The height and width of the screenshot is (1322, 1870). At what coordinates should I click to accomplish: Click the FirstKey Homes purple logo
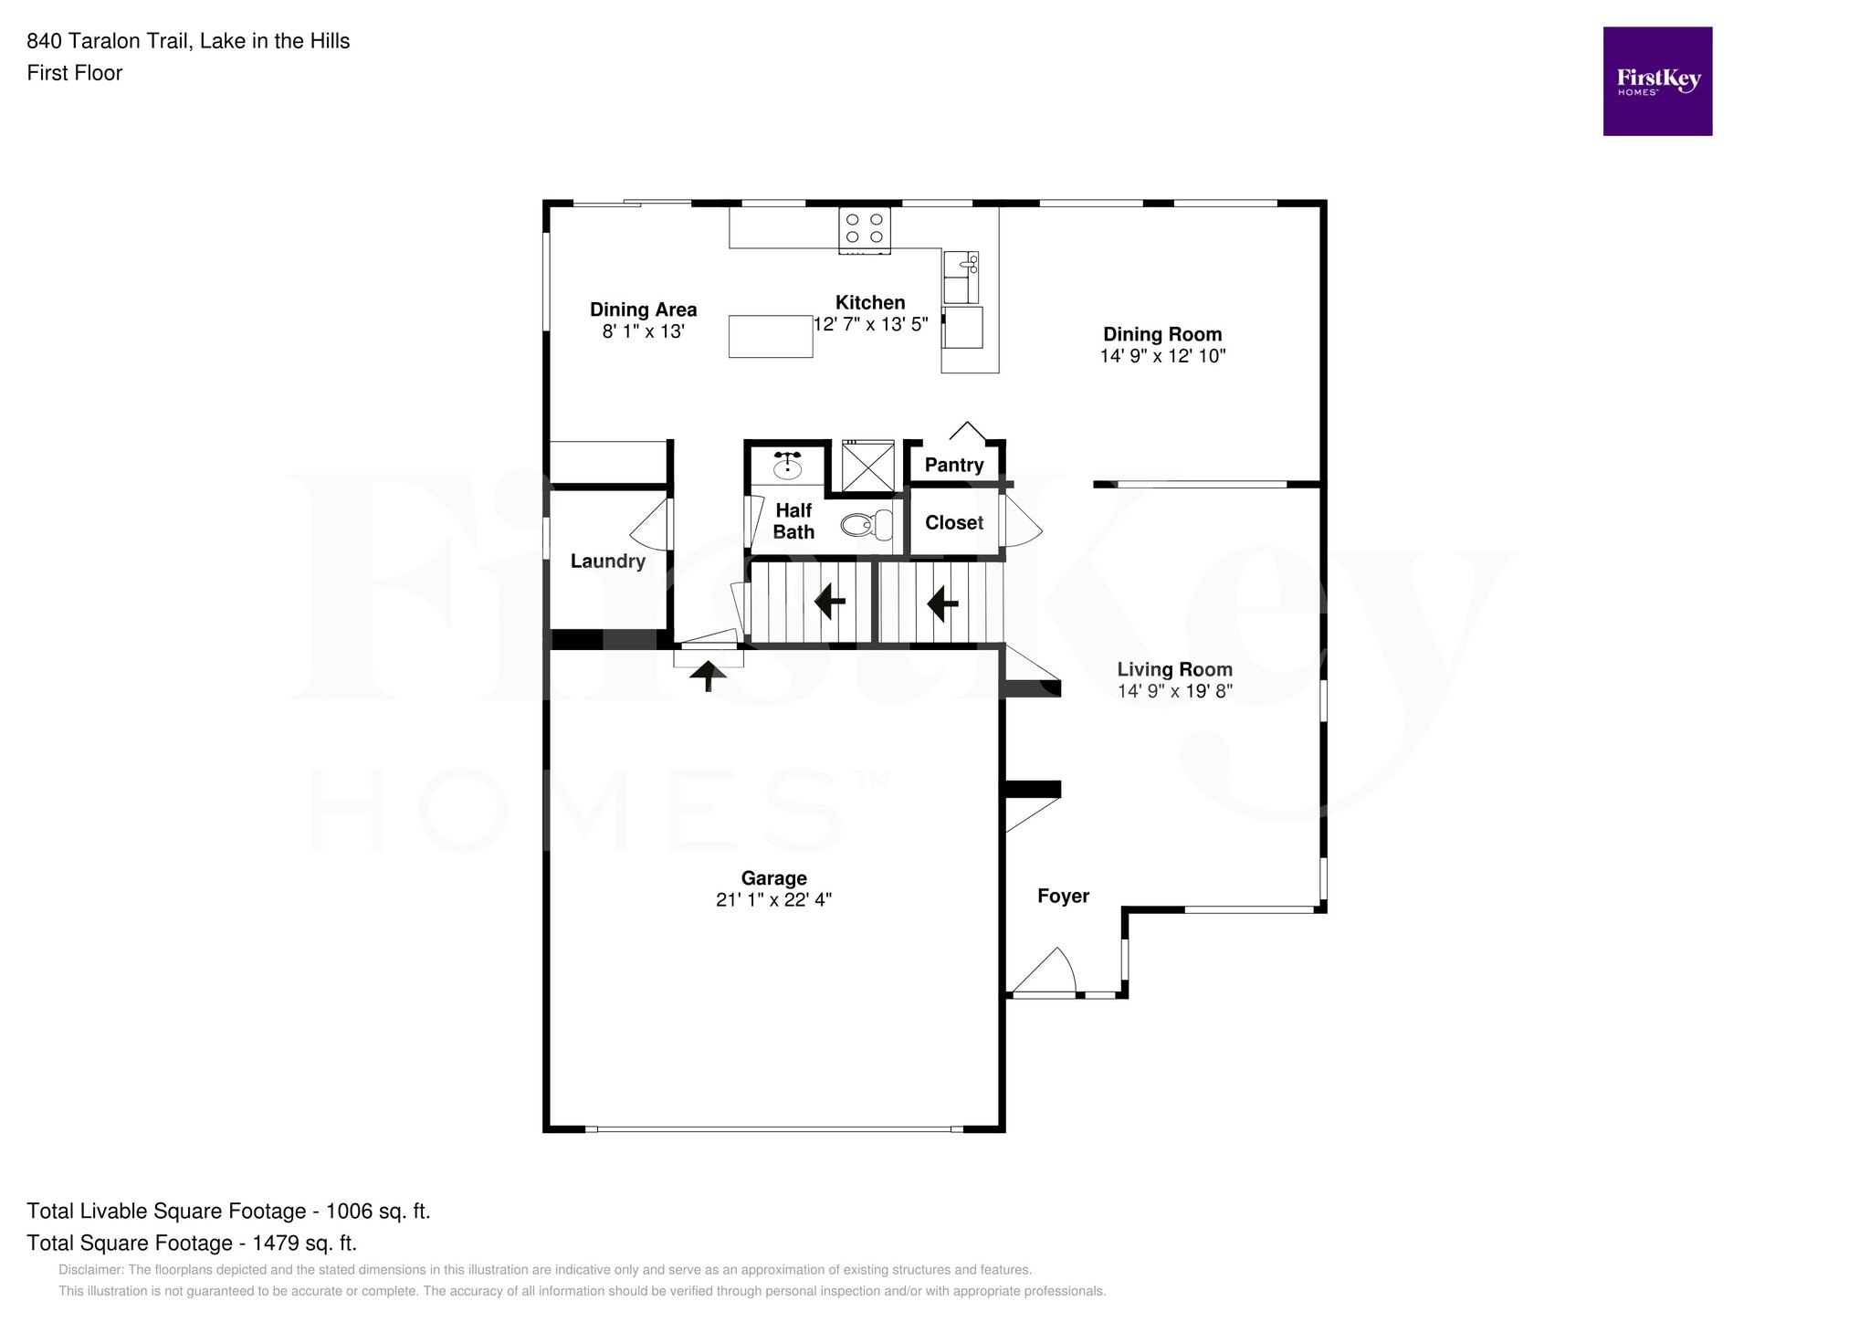click(1657, 81)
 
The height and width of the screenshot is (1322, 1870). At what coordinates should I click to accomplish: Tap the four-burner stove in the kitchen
click(864, 229)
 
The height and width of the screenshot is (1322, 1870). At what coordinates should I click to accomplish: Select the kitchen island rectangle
click(771, 335)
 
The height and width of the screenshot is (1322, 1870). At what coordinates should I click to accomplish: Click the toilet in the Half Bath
click(867, 524)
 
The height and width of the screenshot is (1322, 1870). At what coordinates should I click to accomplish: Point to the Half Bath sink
click(787, 467)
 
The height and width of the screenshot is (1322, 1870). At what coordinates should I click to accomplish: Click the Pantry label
click(954, 465)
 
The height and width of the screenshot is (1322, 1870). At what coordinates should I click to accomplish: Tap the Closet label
click(954, 522)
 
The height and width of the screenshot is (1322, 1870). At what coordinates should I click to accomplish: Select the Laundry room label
click(608, 561)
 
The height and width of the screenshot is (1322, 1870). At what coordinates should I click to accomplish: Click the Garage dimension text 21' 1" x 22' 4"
click(773, 899)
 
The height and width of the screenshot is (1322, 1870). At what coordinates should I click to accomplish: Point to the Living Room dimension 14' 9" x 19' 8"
click(1174, 691)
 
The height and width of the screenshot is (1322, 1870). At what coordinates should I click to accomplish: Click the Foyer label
click(1063, 896)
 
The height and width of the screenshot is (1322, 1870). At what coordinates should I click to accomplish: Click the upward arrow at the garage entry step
click(708, 676)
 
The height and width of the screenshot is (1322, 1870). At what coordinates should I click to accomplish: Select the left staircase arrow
click(829, 602)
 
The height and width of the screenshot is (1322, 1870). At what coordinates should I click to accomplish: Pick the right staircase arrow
click(942, 603)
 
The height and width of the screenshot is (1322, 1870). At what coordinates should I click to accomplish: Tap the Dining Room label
click(1162, 334)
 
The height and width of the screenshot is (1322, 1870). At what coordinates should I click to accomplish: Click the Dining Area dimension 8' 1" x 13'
click(643, 331)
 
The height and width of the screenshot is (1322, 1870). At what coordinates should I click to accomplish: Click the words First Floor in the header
click(75, 73)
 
